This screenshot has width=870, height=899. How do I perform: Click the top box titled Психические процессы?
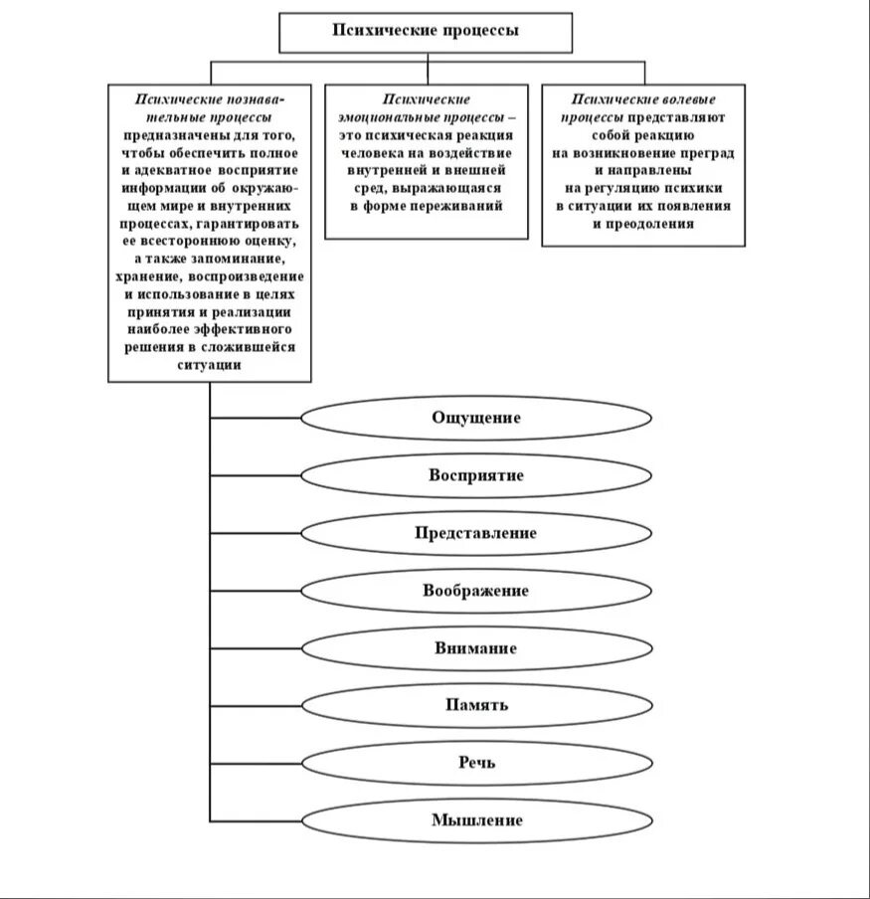[x=426, y=32]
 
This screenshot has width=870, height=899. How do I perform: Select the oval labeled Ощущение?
[x=476, y=418]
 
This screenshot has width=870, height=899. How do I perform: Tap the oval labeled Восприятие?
[x=476, y=475]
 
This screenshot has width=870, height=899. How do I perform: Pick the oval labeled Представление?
[x=476, y=533]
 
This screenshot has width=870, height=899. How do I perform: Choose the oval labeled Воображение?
[x=476, y=591]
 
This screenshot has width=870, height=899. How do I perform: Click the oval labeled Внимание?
[x=476, y=648]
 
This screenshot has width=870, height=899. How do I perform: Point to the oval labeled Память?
[x=476, y=705]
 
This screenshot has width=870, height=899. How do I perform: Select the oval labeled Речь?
[x=476, y=763]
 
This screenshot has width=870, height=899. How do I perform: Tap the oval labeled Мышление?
[x=476, y=820]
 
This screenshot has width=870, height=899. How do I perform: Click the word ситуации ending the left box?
[x=210, y=365]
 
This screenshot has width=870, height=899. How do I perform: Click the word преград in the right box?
[x=710, y=153]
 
